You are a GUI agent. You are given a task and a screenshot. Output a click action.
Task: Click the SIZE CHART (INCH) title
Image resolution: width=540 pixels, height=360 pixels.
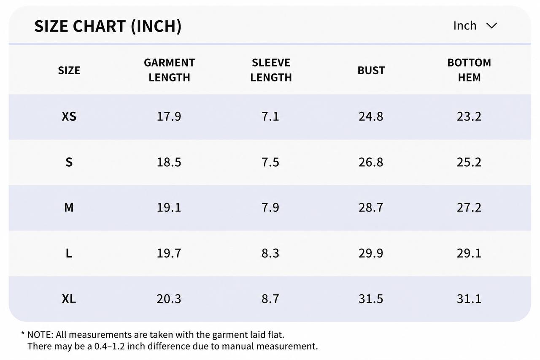coord(108,26)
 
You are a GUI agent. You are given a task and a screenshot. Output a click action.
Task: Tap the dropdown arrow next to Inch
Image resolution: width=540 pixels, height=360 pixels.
coord(491,26)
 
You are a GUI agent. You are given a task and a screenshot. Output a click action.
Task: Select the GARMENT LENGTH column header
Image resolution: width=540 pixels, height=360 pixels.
coord(169,70)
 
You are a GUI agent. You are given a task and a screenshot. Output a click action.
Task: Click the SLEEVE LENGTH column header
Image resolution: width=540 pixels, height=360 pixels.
coord(271,70)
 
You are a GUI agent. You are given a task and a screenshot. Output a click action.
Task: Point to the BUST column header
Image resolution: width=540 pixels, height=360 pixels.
coord(371,70)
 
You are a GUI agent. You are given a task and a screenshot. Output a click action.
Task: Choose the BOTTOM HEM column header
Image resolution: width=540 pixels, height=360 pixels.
coord(469,70)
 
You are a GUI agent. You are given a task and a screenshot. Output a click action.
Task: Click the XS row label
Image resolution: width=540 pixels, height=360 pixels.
coord(69,116)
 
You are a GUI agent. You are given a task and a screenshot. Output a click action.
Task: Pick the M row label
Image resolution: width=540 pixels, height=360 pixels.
coord(69,207)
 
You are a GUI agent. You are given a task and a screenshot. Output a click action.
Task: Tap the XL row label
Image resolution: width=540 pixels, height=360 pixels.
coord(69,299)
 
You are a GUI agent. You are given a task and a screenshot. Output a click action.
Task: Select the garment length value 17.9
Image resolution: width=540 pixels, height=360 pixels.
coord(169,116)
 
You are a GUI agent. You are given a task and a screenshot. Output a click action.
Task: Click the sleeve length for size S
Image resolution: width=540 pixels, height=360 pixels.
coord(270,162)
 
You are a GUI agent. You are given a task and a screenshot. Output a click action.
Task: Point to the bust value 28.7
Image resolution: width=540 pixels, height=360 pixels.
coord(371,207)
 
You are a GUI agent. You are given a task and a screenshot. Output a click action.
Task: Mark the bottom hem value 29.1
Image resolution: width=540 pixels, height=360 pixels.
coord(469,253)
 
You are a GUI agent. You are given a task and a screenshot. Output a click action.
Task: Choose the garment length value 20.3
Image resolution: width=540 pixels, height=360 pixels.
coord(169,299)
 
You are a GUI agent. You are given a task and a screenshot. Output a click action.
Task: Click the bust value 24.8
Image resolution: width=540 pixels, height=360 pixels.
coord(371,116)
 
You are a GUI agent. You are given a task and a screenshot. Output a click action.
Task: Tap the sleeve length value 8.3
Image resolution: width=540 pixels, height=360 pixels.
coord(270,253)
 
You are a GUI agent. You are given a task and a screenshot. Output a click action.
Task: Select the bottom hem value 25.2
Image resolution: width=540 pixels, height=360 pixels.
coord(469,162)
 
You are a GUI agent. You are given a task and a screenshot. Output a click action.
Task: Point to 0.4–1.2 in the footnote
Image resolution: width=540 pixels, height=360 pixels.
coord(109,346)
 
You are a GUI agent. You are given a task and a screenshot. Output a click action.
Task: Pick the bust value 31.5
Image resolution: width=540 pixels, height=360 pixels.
coord(371,299)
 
